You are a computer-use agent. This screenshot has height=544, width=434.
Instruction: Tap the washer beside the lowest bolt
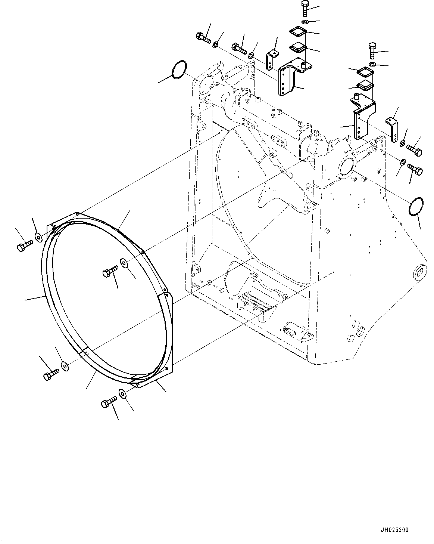pos(122,393)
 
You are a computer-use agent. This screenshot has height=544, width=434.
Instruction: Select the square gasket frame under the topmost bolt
pos(298,31)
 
